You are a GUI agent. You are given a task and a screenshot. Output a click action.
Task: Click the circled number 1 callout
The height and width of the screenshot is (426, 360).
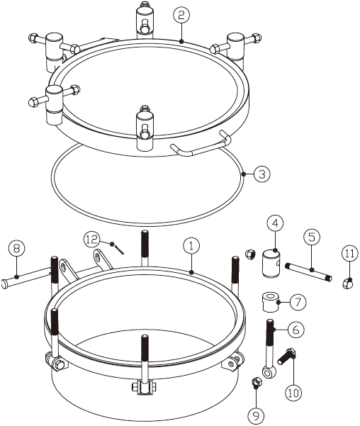191,246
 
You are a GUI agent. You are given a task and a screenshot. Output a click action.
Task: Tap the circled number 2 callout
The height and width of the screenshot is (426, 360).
181,15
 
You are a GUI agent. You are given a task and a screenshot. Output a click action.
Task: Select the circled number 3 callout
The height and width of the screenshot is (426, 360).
262,174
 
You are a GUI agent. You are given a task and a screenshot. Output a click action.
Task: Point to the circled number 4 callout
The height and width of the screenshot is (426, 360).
275,223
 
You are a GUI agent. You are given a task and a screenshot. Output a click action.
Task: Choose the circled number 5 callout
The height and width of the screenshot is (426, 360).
312,237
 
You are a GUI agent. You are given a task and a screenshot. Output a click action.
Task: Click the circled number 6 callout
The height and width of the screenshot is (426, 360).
296,330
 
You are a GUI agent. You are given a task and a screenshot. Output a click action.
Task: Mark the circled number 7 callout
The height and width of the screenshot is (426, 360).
298,302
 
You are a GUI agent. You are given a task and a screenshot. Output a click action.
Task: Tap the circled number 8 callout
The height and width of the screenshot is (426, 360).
16,249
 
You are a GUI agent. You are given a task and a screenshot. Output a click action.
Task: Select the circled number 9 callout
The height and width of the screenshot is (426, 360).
256,415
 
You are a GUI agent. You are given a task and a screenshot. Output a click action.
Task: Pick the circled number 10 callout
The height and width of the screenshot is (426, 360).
293,393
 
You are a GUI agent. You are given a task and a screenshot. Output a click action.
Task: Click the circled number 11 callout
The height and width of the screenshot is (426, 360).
349,254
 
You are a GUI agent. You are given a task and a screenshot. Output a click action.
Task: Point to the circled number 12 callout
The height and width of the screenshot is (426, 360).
91,240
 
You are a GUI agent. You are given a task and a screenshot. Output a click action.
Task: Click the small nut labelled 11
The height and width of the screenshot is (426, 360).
348,284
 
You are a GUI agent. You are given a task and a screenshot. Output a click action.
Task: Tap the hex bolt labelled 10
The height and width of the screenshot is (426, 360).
286,356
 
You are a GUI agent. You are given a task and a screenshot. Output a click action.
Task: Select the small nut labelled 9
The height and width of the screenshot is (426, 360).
255,382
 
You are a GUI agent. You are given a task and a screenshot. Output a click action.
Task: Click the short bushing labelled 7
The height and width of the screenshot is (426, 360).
270,303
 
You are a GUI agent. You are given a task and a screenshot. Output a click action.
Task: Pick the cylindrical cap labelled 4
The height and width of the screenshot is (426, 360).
271,264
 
